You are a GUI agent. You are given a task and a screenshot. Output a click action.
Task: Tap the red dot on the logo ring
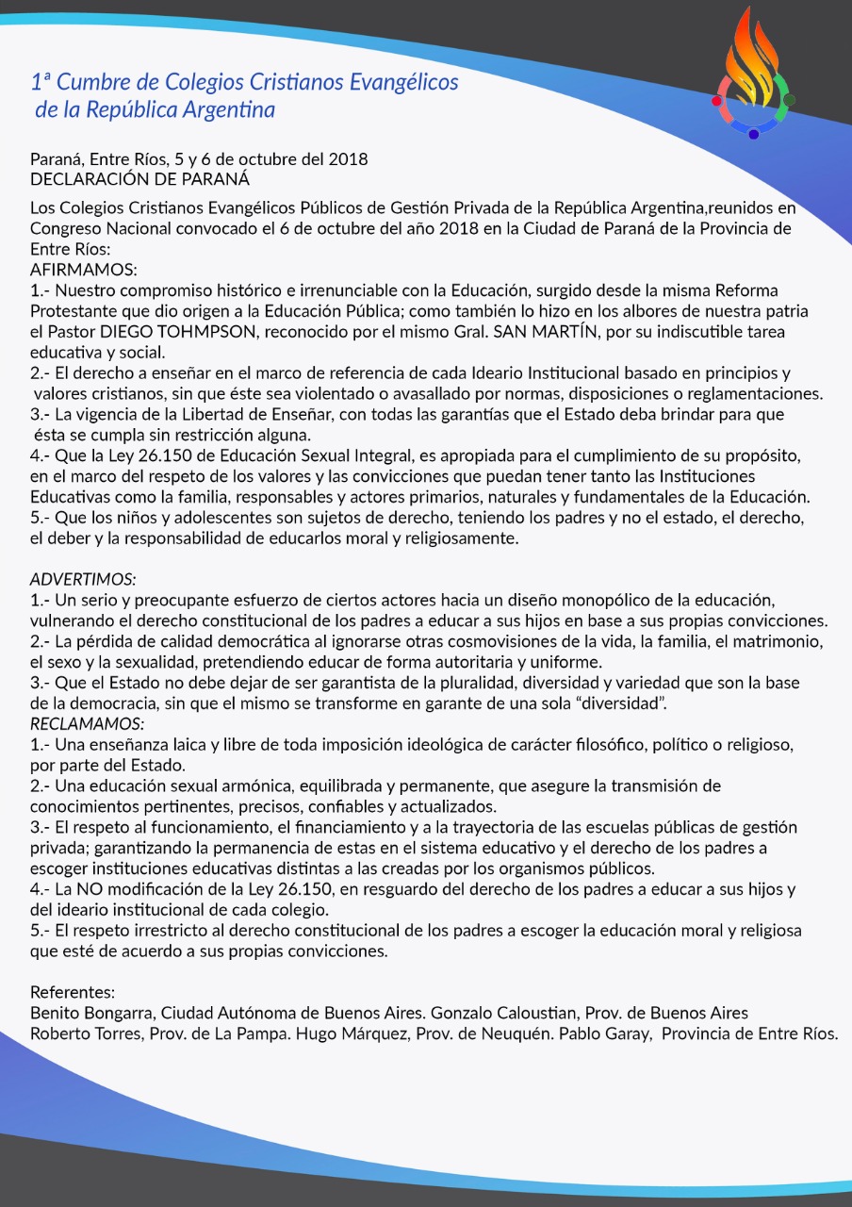[x=717, y=100]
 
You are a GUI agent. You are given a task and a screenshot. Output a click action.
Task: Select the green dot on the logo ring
[x=790, y=99]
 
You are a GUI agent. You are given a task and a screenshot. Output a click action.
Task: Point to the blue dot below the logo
[x=754, y=134]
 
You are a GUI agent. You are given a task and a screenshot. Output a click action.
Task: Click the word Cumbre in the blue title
[x=93, y=82]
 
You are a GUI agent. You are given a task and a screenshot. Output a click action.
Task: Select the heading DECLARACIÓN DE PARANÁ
[x=140, y=177]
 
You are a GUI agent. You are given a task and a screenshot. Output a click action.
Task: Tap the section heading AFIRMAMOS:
[x=84, y=268]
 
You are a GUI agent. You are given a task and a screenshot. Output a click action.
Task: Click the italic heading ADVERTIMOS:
[x=83, y=578]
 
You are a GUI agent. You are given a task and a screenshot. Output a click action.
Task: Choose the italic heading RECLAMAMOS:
[x=87, y=723]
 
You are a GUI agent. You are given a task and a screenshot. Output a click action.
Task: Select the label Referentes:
[x=73, y=992]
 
